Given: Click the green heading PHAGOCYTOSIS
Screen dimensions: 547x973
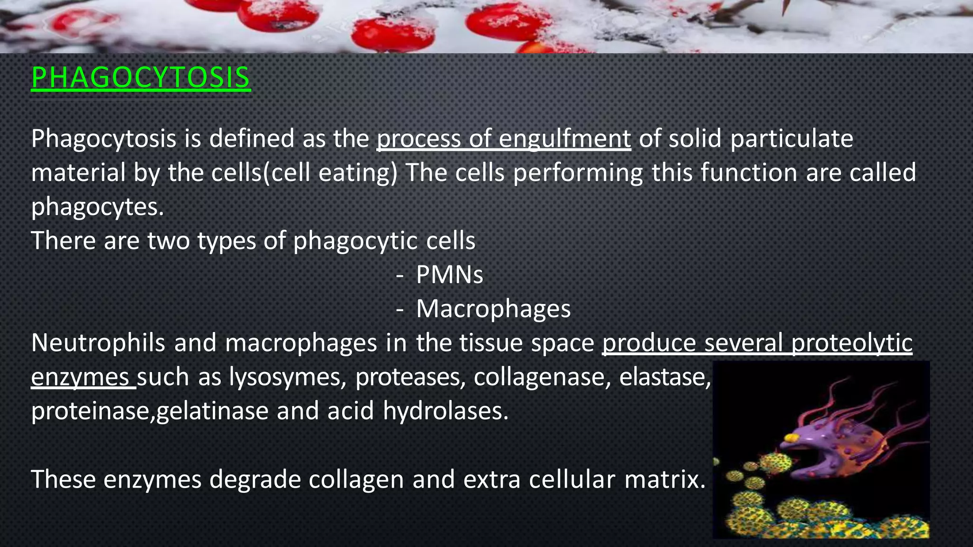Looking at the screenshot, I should click(x=141, y=77).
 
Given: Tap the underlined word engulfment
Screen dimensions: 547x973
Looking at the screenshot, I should click(x=564, y=139).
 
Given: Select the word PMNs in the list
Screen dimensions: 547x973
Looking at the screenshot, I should click(x=449, y=274).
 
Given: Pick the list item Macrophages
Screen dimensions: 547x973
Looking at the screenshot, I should click(x=493, y=309).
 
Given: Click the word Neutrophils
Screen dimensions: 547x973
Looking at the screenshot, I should click(x=98, y=343).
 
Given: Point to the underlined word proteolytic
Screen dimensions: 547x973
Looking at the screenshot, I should click(x=852, y=343).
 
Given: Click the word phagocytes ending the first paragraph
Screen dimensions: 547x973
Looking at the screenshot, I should click(x=97, y=207).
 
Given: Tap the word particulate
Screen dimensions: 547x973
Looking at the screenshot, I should click(x=792, y=139).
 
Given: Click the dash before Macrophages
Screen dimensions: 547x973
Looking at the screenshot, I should click(x=400, y=310).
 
